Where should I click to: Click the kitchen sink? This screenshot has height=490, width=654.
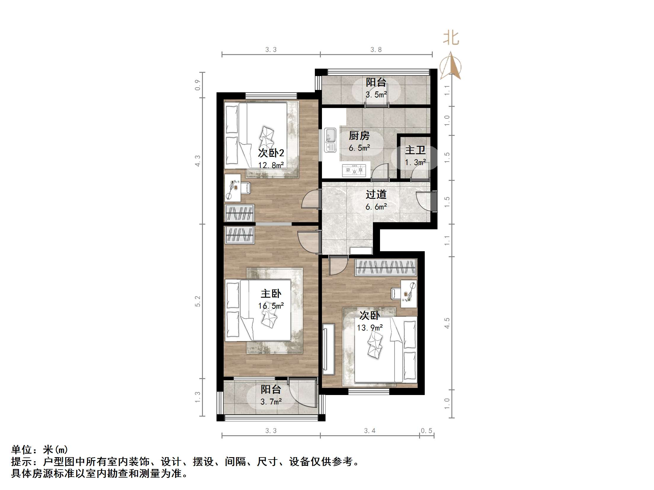[x=330, y=140]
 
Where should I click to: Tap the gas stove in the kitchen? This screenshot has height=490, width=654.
[x=354, y=170]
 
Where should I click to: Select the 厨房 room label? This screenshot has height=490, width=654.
[x=359, y=136]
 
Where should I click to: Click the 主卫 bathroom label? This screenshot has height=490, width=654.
[x=415, y=150]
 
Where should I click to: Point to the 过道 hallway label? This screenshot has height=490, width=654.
[x=376, y=194]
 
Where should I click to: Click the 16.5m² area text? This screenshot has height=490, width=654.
[x=271, y=306]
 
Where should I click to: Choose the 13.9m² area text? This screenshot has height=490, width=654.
[x=370, y=328]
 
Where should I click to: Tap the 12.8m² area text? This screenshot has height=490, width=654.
[x=271, y=165]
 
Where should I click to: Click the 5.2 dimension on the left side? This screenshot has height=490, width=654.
[x=198, y=301]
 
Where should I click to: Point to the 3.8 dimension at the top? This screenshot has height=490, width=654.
[x=376, y=50]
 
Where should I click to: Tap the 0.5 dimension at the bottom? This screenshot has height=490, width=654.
[x=427, y=431]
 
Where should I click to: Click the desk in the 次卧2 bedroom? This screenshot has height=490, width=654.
[x=232, y=188]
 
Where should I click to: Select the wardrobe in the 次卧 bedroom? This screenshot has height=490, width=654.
[x=386, y=267]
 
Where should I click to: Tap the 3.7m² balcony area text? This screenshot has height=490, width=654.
[x=271, y=402]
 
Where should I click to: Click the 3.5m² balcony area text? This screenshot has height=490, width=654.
[x=376, y=95]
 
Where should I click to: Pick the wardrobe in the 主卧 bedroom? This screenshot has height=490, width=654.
[x=239, y=235]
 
